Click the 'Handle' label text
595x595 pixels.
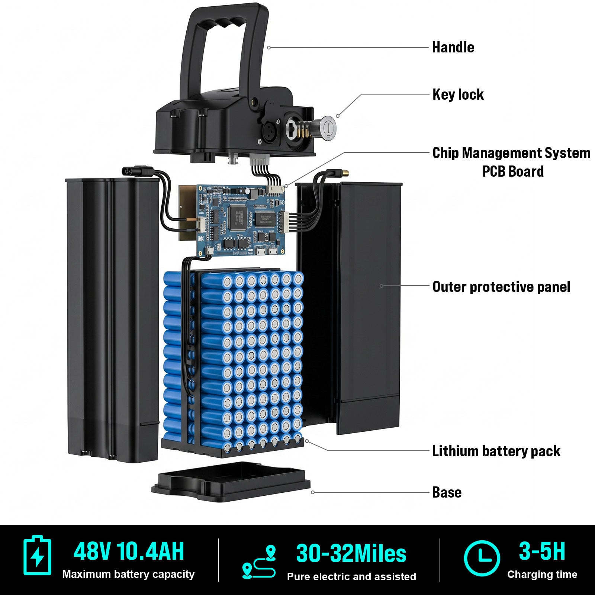click(453, 48)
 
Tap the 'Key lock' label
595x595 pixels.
click(458, 95)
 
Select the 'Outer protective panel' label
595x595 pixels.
click(501, 287)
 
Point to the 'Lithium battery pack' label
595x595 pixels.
click(496, 451)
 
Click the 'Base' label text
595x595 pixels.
click(447, 492)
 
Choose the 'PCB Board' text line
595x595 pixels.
click(513, 171)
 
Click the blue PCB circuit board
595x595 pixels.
click(241, 220)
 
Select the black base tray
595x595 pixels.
click(231, 481)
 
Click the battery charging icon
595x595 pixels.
click(37, 555)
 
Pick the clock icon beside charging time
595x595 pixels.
click(482, 558)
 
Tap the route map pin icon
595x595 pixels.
click(259, 562)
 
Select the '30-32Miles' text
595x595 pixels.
click(351, 554)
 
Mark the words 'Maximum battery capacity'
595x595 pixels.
click(128, 574)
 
